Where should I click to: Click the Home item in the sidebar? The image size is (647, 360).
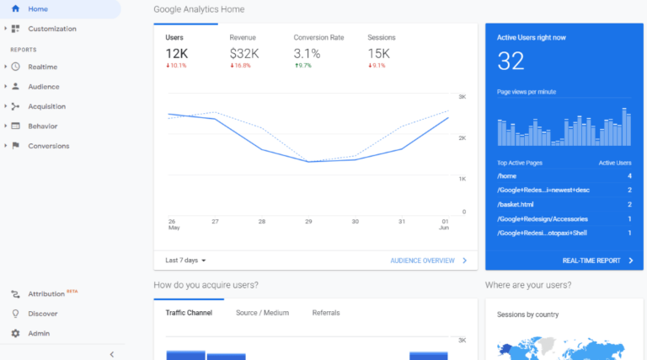tap(38, 9)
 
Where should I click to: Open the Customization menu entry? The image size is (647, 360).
tap(51, 29)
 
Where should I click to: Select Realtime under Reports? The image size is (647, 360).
tap(42, 67)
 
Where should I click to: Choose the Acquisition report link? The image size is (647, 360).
tap(46, 106)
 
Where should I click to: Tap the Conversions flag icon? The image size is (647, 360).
tap(15, 146)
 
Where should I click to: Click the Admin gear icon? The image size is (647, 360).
tap(15, 333)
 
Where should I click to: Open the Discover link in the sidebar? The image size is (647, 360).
tap(42, 314)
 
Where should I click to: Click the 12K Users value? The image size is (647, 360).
tap(177, 53)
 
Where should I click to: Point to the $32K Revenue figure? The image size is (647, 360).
tap(243, 53)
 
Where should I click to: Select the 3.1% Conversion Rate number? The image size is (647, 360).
tap(307, 53)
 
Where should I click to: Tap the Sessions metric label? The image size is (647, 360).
tap(382, 38)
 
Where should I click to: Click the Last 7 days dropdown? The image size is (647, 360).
tap(186, 261)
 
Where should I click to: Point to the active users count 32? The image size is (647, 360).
tap(511, 61)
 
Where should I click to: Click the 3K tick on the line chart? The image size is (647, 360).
tap(463, 97)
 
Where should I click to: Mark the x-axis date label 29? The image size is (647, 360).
tap(308, 222)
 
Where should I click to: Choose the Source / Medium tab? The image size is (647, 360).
tap(262, 313)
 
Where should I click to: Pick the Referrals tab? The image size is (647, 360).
tap(326, 313)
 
